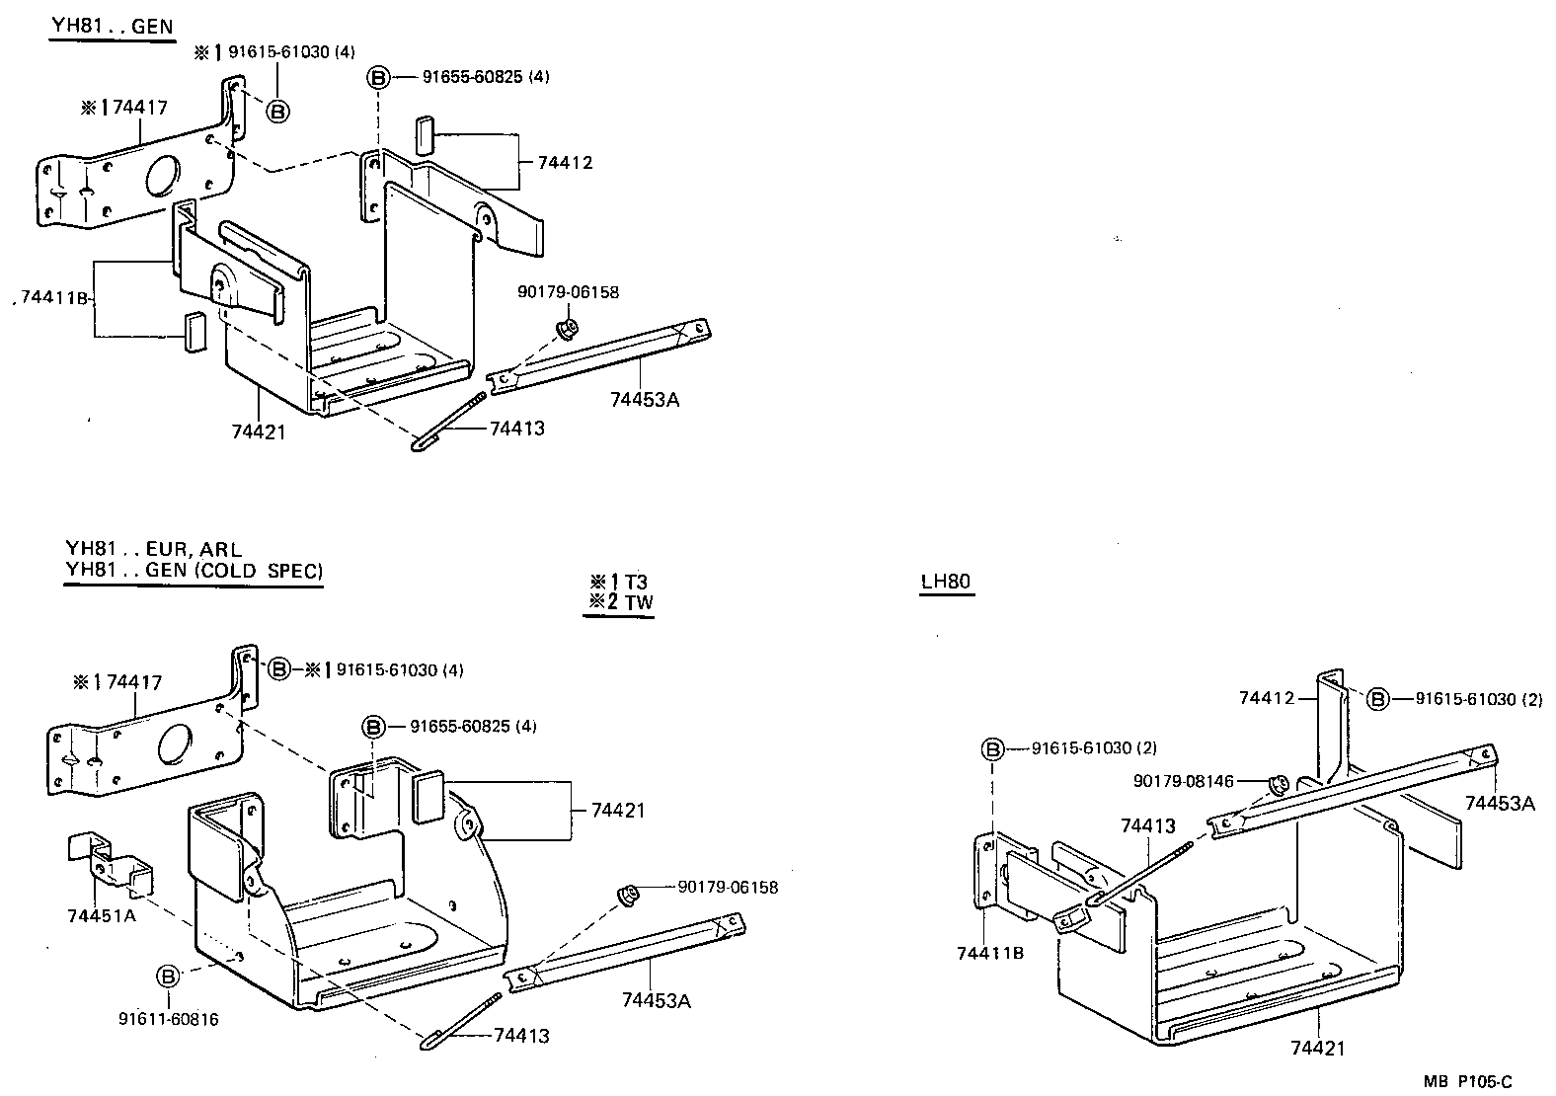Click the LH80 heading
click(946, 581)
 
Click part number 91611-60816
click(168, 1019)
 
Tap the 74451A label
click(102, 915)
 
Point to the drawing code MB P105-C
click(1467, 1081)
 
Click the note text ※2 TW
click(619, 602)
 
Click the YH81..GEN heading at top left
click(112, 27)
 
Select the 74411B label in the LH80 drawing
click(990, 953)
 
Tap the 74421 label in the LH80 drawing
click(1317, 1048)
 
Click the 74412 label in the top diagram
click(565, 163)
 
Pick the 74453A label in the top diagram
click(645, 399)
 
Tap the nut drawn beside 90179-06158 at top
click(567, 327)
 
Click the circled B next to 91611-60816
click(168, 976)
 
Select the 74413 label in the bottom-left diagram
click(520, 1036)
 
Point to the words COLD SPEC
click(276, 571)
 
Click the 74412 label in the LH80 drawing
click(1266, 698)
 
